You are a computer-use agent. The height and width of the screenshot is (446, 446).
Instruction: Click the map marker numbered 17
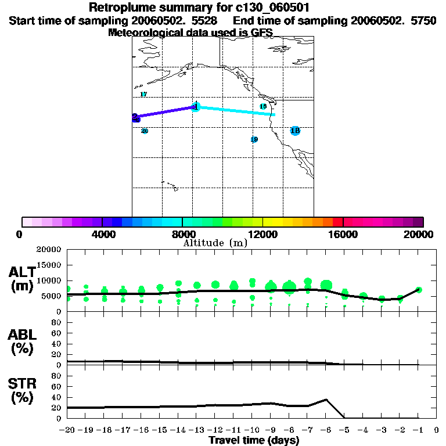pyautogui.click(x=143, y=95)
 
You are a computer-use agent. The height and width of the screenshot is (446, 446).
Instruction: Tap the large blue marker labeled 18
pyautogui.click(x=295, y=131)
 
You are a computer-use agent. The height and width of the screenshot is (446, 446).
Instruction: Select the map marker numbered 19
pyautogui.click(x=254, y=140)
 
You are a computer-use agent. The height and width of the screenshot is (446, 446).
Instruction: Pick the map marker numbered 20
pyautogui.click(x=145, y=131)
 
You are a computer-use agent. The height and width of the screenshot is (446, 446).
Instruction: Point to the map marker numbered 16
pyautogui.click(x=263, y=106)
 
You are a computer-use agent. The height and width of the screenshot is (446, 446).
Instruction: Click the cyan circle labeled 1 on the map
pyautogui.click(x=196, y=107)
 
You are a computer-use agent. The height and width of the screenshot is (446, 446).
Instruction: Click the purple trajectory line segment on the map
pyautogui.click(x=166, y=112)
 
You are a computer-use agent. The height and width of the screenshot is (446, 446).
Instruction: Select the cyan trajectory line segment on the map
pyautogui.click(x=235, y=111)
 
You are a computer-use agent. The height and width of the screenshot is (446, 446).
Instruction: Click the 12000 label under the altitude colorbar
pyautogui.click(x=263, y=234)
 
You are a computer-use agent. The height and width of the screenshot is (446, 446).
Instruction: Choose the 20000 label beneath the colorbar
pyautogui.click(x=418, y=234)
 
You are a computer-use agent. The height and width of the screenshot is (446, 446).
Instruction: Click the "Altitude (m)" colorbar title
pyautogui.click(x=215, y=243)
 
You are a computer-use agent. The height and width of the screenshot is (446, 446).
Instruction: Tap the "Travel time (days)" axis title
pyautogui.click(x=254, y=441)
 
